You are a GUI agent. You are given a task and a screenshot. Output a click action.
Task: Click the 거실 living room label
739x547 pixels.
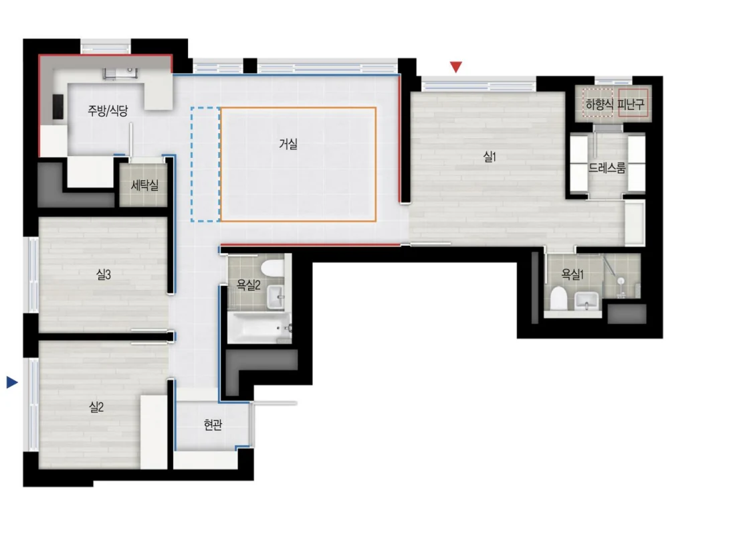[288, 144]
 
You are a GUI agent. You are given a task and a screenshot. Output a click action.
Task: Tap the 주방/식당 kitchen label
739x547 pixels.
[108, 111]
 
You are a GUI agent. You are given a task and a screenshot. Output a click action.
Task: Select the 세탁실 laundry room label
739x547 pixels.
[144, 185]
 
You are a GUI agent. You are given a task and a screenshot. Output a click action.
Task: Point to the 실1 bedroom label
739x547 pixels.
[490, 157]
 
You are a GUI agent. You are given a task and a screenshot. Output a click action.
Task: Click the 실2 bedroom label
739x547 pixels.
[96, 407]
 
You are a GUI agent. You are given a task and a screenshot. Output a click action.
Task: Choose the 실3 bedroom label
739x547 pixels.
[103, 275]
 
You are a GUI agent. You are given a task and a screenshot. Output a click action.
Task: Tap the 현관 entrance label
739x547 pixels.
[213, 424]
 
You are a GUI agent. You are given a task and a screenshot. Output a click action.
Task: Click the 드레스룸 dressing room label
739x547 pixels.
[607, 167]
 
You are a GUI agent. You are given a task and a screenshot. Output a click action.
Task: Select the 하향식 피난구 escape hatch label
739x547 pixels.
[615, 104]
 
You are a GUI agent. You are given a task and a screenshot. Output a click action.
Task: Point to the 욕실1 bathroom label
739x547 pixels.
[572, 275]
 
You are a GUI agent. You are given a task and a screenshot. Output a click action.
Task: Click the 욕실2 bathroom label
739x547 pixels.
[248, 285]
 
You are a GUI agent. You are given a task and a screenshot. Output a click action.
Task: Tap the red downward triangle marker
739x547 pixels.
[455, 67]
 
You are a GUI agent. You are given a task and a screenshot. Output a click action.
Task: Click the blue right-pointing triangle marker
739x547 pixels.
[12, 382]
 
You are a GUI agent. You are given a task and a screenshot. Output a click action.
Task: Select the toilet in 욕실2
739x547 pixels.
[271, 267]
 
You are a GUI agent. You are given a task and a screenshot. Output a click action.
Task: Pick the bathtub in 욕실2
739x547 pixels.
[259, 327]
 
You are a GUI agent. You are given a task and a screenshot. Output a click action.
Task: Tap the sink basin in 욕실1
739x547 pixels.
[587, 301]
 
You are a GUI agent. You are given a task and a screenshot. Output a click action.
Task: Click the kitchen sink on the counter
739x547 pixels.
[120, 73]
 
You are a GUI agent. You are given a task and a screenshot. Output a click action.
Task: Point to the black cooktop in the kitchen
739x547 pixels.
[58, 106]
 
